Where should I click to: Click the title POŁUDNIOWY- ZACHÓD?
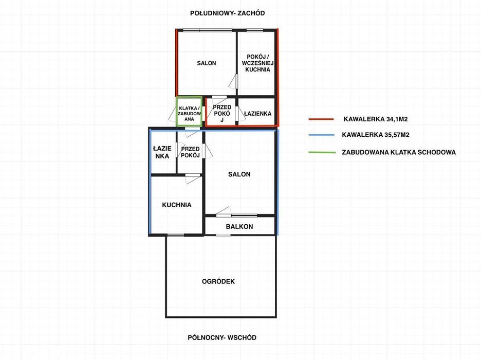point(227,13)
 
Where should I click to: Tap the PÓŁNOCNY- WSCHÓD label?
point(222,337)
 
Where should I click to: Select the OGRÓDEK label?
point(218,281)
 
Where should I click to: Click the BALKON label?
point(239,226)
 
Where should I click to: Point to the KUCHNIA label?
point(177,205)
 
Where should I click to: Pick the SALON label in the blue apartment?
point(239,174)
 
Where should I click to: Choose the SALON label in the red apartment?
point(207,63)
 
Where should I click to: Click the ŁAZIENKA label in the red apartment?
point(257,114)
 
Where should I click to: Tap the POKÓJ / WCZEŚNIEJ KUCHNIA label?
point(257,63)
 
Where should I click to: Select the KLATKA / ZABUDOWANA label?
point(189,114)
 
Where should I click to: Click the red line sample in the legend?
point(321,119)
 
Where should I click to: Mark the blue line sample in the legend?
point(321,135)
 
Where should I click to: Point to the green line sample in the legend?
point(322,152)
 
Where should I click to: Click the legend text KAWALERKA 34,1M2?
point(376,119)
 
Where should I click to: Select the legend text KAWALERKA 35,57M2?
point(376,135)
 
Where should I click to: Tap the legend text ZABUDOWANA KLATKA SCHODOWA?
point(399,152)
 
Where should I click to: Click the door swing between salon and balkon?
point(224,211)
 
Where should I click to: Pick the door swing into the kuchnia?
point(193,179)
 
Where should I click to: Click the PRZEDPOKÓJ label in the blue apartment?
point(190,152)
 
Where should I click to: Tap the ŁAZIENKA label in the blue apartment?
point(162,152)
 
